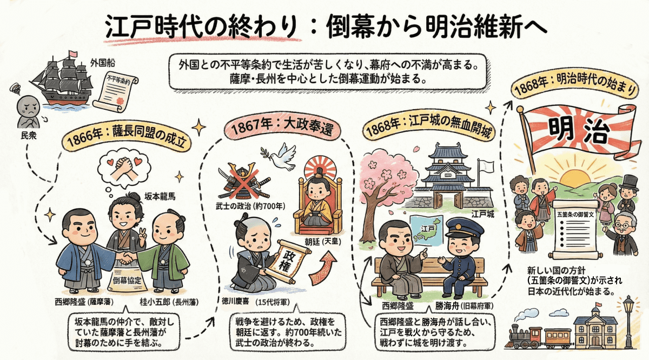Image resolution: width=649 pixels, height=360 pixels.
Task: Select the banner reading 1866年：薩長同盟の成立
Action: tap(128, 139)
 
